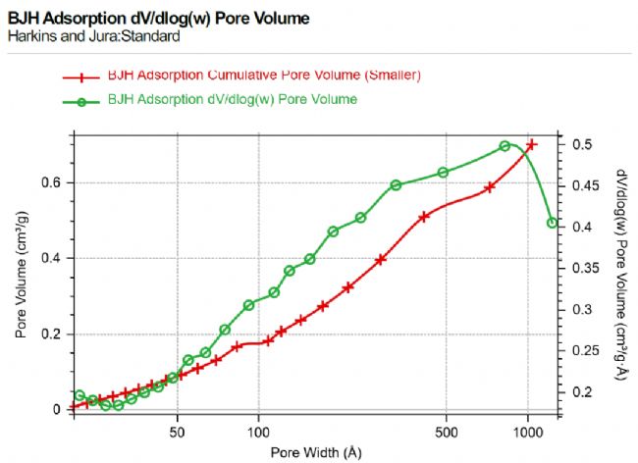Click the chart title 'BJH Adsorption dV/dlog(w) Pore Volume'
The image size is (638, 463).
tap(158, 19)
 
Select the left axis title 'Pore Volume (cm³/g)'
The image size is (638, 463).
tap(21, 280)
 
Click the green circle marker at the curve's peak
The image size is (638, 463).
tap(505, 146)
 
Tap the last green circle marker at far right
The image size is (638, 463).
tap(552, 223)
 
